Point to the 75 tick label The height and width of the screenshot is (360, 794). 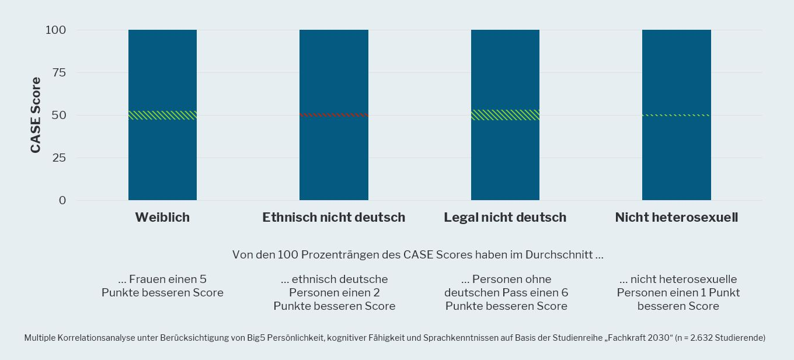pos(58,72)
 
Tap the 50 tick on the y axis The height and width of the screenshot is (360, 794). pos(58,115)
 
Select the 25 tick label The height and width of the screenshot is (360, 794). pos(58,158)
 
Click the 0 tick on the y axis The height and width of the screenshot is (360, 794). pos(62,200)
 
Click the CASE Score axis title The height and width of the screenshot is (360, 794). pos(36,115)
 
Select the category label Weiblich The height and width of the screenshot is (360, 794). pos(162,218)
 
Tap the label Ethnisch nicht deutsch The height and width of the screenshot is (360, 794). pos(333,218)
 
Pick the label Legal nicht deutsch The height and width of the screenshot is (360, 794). pos(505,218)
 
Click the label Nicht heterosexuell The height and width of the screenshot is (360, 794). pos(676,218)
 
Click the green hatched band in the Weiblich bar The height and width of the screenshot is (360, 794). pos(162,115)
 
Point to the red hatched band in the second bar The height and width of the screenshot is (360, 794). pos(333,115)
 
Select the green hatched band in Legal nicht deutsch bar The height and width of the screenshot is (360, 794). pos(505,115)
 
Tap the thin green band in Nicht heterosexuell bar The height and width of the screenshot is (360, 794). pos(676,115)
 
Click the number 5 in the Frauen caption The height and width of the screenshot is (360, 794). pos(203,279)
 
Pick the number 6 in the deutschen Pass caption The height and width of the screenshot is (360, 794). pos(565,292)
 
